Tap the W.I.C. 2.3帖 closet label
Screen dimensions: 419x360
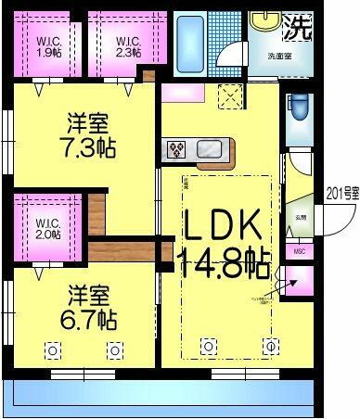tap(128, 45)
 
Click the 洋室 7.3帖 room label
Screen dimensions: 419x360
tap(88, 136)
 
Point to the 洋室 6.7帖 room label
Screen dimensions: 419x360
tap(90, 310)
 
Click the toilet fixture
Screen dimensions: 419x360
tap(299, 109)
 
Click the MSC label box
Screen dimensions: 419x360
tap(299, 250)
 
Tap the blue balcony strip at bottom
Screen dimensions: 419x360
tap(158, 397)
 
